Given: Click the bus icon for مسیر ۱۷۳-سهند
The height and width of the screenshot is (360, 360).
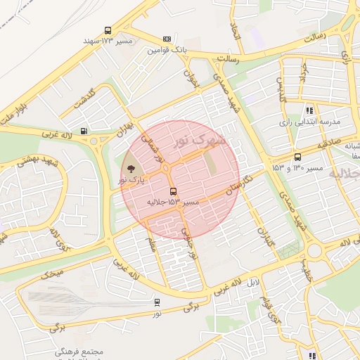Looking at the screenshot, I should pyautogui.click(x=108, y=31).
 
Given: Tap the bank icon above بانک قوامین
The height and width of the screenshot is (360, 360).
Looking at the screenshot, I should pyautogui.click(x=167, y=39).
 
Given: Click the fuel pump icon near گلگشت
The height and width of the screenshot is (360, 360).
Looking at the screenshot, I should pyautogui.click(x=84, y=130).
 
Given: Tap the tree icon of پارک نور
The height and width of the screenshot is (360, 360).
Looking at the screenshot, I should pyautogui.click(x=131, y=168).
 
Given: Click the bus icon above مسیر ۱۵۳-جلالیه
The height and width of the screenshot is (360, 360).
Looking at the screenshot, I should pyautogui.click(x=173, y=191).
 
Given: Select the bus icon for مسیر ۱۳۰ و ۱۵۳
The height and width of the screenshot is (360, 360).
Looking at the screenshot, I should pyautogui.click(x=297, y=157).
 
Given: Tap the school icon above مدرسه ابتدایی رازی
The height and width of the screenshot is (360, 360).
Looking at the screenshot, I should pyautogui.click(x=309, y=110).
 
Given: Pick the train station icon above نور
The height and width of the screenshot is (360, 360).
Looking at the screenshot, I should pyautogui.click(x=157, y=302).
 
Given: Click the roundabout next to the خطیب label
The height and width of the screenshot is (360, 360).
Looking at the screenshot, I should pyautogui.click(x=314, y=251).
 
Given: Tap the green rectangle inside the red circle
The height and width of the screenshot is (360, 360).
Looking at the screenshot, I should pyautogui.click(x=211, y=164).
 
